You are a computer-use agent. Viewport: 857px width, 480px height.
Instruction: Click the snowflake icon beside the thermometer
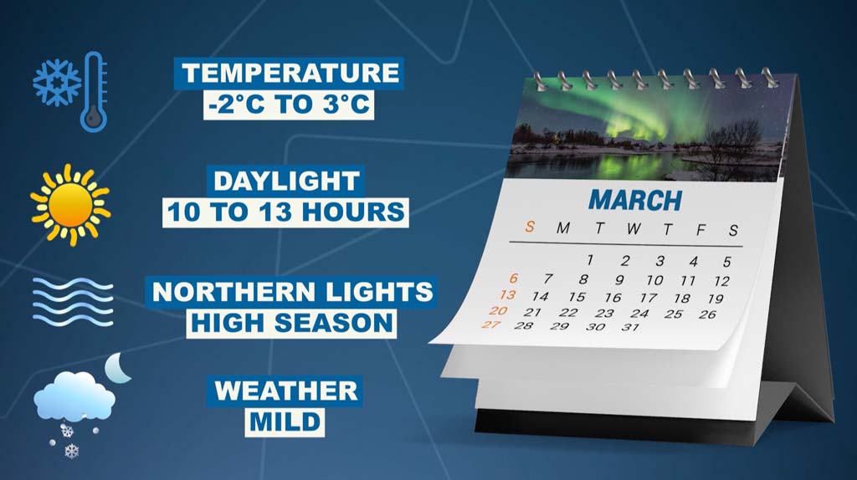56,83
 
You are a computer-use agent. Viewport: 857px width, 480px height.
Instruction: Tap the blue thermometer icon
94,91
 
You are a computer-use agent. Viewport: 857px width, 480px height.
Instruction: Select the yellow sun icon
70,205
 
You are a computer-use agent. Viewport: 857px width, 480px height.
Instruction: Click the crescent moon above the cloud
118,367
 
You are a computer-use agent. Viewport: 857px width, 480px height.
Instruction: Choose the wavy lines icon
73,301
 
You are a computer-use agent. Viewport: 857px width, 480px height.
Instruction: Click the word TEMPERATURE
290,74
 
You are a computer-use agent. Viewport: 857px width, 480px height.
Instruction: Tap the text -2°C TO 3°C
289,104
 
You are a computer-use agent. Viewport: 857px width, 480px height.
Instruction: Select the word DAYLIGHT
286,181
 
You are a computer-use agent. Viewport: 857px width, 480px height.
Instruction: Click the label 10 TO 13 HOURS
286,212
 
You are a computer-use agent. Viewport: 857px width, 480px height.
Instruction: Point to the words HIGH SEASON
291,323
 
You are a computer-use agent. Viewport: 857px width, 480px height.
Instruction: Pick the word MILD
285,422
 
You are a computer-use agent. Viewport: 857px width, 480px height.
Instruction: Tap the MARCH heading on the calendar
636,201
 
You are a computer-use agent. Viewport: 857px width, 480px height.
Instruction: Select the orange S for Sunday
529,226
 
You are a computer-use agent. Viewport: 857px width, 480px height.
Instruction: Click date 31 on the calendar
630,327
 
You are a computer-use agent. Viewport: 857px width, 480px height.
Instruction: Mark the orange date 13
508,295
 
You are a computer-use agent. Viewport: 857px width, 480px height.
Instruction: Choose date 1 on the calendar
590,260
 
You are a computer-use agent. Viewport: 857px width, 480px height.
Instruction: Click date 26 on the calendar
707,314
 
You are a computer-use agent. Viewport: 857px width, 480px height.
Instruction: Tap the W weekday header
634,228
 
